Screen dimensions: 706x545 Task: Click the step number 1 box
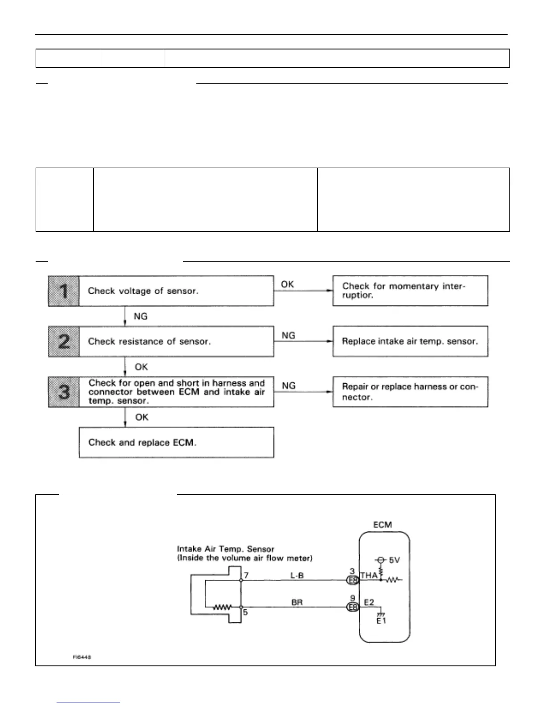point(64,291)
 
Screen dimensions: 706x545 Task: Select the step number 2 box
point(64,341)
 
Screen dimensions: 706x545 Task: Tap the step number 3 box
point(64,392)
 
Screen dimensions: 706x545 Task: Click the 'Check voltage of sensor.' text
point(143,291)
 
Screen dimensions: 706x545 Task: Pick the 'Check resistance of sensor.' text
point(149,341)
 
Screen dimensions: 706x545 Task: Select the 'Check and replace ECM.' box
point(176,442)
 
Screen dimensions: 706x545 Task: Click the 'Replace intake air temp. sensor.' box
point(410,341)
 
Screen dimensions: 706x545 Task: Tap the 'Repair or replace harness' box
point(410,392)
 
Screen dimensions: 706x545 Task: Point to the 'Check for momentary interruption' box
point(410,291)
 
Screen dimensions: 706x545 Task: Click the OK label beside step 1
point(287,284)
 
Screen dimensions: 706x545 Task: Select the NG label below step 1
point(140,316)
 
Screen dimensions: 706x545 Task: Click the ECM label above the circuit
point(382,525)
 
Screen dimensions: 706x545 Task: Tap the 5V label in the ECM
point(395,560)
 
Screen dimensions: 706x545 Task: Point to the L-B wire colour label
point(297,575)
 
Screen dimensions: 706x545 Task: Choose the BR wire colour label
point(297,602)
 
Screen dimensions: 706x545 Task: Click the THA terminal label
point(369,575)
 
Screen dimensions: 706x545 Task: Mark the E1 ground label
point(381,620)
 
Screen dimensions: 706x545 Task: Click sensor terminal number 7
point(246,575)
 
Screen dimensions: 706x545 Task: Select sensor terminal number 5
point(245,612)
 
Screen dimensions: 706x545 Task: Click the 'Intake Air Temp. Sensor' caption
point(226,549)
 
